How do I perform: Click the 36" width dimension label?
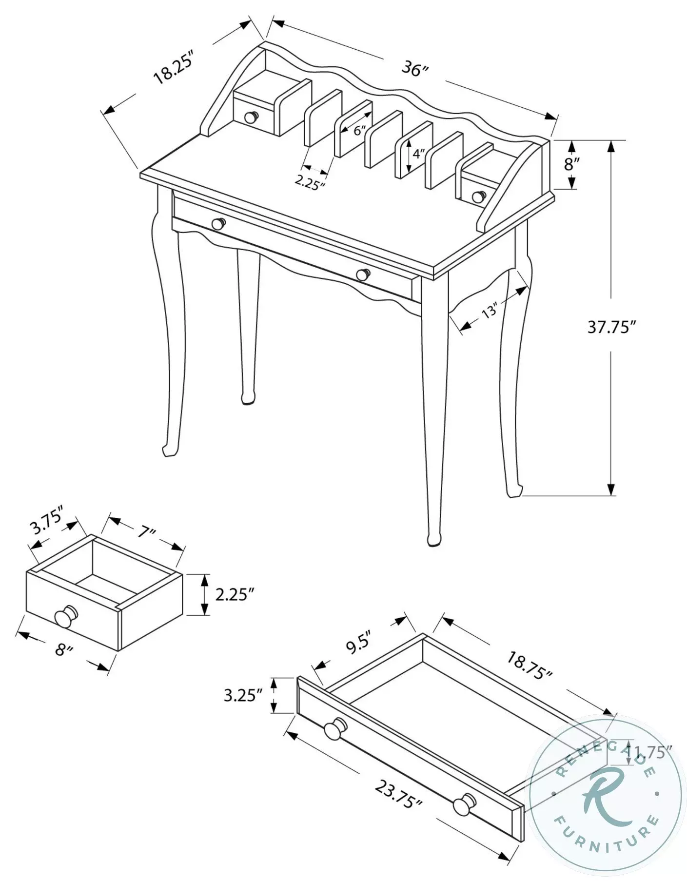tap(414, 69)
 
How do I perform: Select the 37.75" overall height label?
tap(612, 327)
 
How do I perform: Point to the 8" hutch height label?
tap(571, 164)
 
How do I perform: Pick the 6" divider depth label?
tap(359, 130)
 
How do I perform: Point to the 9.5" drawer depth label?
tap(359, 647)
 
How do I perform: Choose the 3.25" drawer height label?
tap(243, 695)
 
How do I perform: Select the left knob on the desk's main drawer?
tap(218, 223)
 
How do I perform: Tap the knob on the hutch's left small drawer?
tap(251, 117)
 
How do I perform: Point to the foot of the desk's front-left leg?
tap(169, 450)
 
